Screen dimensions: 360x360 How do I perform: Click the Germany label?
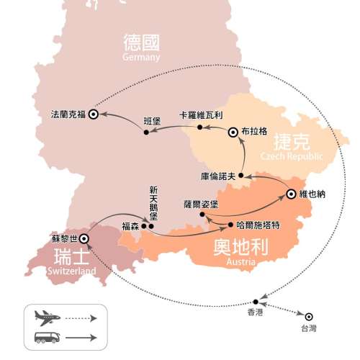(x=141, y=58)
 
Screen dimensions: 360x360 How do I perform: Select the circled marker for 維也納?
(x=291, y=193)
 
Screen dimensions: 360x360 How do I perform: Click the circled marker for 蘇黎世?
(x=84, y=238)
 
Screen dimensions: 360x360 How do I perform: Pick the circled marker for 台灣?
(x=309, y=316)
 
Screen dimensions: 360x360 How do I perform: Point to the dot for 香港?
(x=256, y=302)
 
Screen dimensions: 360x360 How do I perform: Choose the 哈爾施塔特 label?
(x=256, y=225)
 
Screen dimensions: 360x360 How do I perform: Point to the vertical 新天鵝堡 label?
(x=153, y=203)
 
